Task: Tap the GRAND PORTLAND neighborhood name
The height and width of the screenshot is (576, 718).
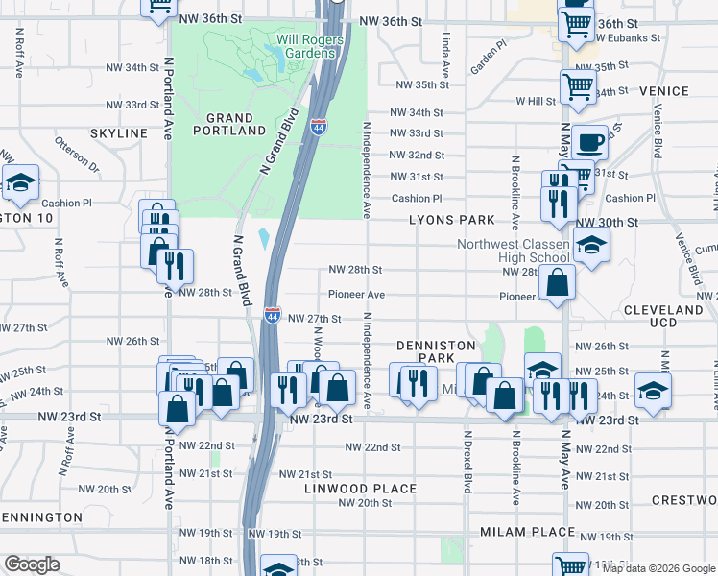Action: click(x=229, y=123)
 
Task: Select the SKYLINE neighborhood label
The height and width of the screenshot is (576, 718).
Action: click(x=120, y=132)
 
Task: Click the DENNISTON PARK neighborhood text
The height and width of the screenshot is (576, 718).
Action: click(x=437, y=350)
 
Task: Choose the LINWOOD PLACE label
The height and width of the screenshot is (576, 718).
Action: click(x=360, y=489)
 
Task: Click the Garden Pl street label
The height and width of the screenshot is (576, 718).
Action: click(x=488, y=60)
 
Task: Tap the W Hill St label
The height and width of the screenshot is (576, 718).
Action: click(x=536, y=100)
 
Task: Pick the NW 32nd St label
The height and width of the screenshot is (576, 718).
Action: click(x=417, y=155)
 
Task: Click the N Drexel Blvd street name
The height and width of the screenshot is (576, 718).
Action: click(x=468, y=458)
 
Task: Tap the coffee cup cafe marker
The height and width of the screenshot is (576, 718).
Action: click(x=589, y=141)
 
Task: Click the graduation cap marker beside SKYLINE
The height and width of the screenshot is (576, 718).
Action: click(x=19, y=183)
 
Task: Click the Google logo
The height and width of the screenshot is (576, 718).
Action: click(x=32, y=564)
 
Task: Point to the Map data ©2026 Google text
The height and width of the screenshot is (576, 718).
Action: click(x=658, y=568)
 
